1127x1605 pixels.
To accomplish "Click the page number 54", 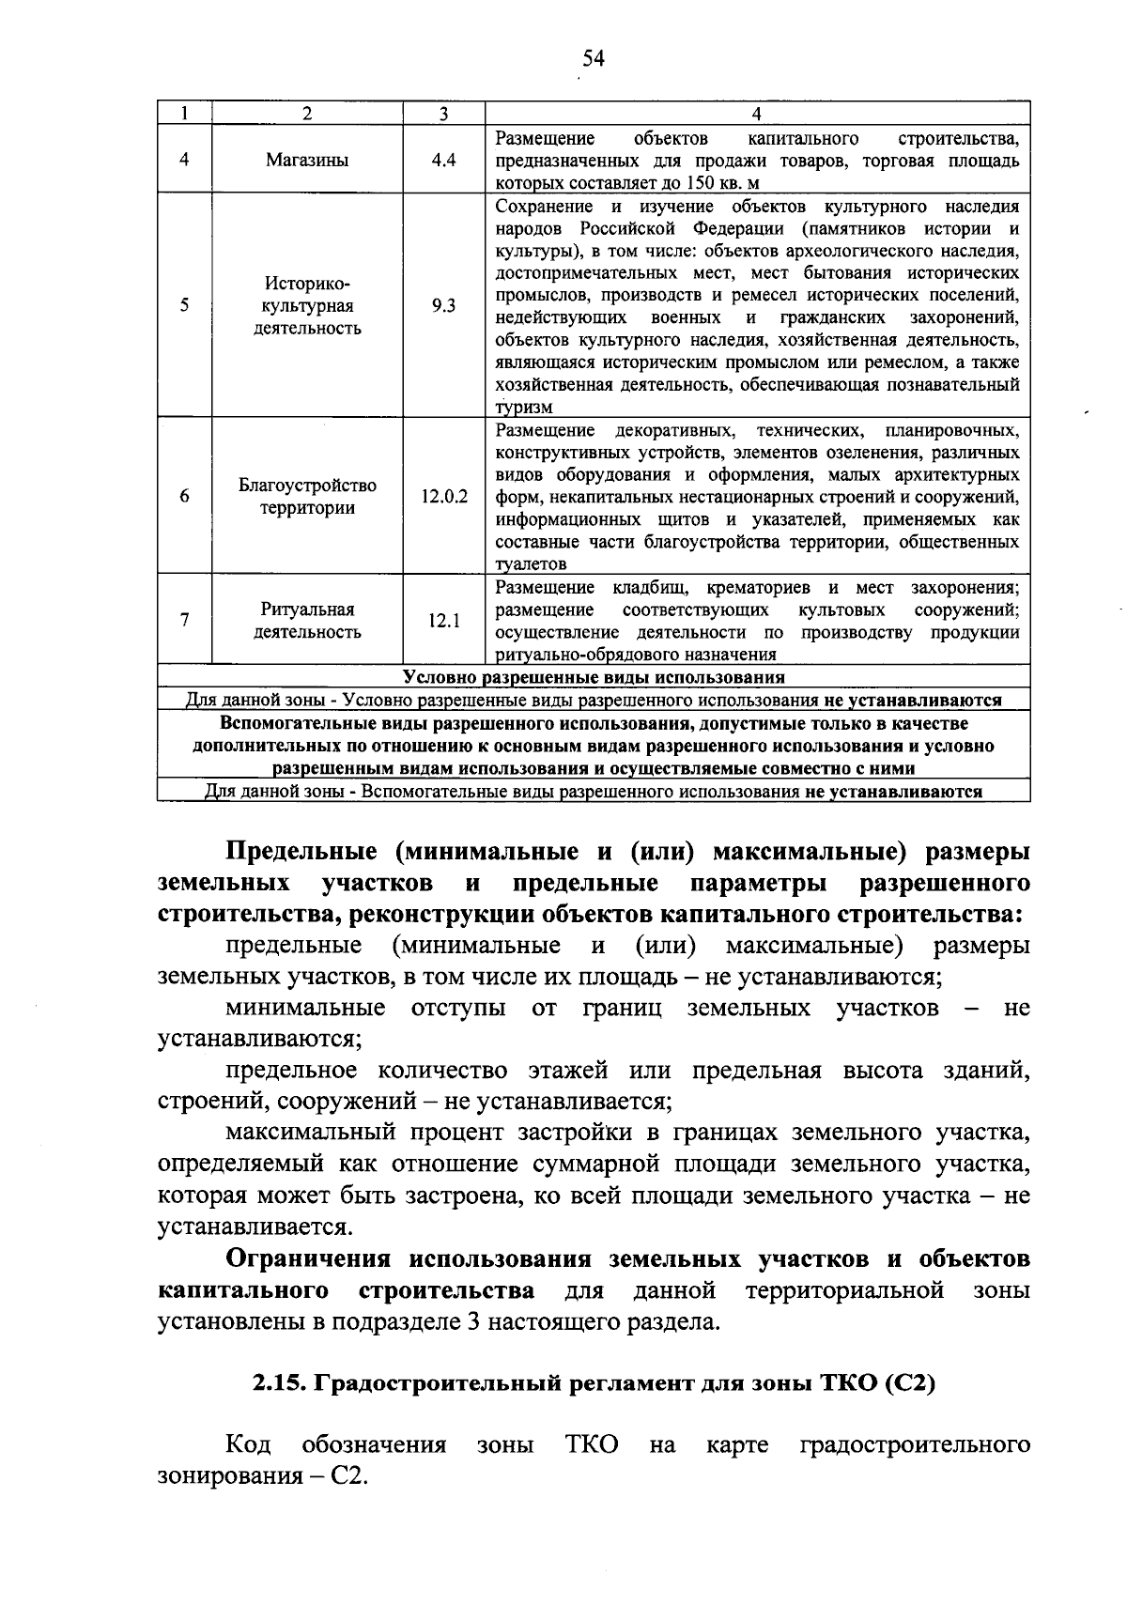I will [x=593, y=59].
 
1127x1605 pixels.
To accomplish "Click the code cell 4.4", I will [x=443, y=160].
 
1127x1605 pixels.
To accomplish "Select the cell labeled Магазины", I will [x=307, y=160].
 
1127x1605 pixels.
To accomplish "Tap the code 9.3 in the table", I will [x=443, y=306].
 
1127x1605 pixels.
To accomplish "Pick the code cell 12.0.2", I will [x=443, y=496].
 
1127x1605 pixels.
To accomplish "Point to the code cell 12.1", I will [x=443, y=620].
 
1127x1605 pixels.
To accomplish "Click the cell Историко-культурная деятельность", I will [x=307, y=306].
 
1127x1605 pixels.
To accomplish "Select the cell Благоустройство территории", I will [x=307, y=497].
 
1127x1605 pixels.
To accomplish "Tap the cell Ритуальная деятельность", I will [x=307, y=621].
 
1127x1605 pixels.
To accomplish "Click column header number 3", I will [x=443, y=114].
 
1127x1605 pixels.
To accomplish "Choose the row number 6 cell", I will [x=184, y=496].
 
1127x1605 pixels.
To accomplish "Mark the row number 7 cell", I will [x=184, y=620].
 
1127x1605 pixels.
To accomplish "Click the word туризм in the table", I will [x=524, y=408].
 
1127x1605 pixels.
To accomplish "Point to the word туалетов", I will [x=531, y=564].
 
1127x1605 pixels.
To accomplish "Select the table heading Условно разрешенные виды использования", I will [x=594, y=677].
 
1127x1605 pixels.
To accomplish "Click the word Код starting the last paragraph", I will [x=249, y=1444].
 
